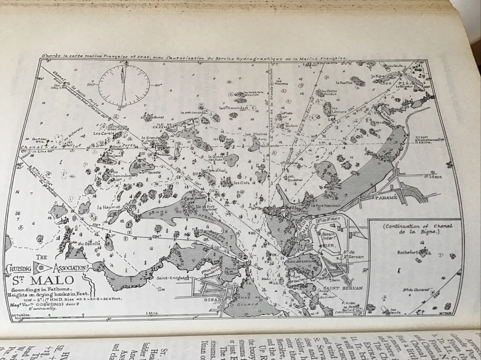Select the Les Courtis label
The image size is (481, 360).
(x=103, y=133)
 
